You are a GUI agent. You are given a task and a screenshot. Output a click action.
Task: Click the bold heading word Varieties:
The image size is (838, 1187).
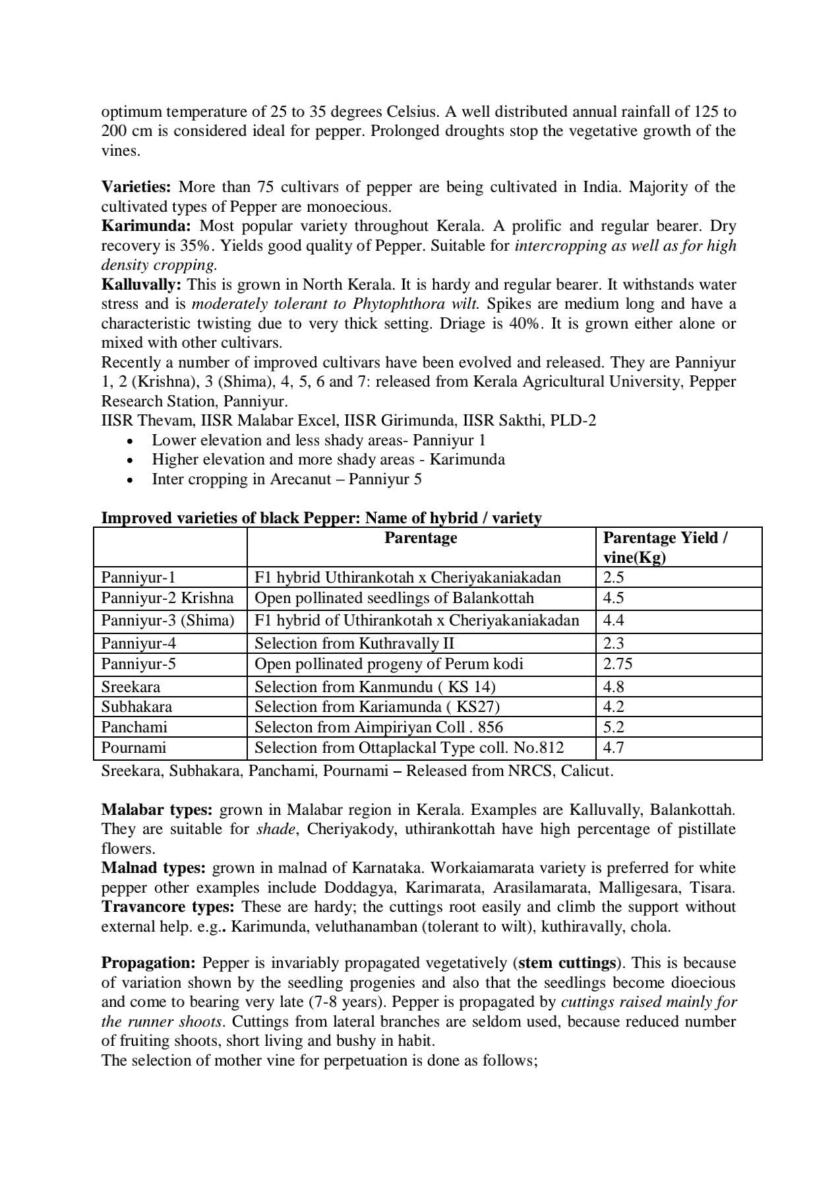click(136, 187)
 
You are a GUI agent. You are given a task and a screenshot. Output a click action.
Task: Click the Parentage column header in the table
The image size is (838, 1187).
click(421, 538)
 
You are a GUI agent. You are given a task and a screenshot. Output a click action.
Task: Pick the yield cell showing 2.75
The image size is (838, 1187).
click(618, 664)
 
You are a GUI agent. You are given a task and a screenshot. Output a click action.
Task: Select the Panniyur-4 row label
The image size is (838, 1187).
click(138, 643)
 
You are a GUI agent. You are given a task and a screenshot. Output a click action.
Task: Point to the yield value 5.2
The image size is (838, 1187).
click(614, 727)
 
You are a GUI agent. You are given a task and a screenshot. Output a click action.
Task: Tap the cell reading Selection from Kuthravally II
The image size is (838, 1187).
click(354, 643)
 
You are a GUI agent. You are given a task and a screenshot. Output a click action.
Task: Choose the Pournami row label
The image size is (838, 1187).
click(133, 748)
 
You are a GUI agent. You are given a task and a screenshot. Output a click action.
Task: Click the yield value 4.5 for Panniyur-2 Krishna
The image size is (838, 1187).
click(614, 598)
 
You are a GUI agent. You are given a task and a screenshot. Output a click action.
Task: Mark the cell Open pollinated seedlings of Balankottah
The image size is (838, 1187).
click(394, 598)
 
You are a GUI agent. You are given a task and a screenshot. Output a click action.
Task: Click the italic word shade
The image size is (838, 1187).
click(275, 829)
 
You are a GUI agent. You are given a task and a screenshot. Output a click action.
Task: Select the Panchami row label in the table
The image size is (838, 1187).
click(135, 727)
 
